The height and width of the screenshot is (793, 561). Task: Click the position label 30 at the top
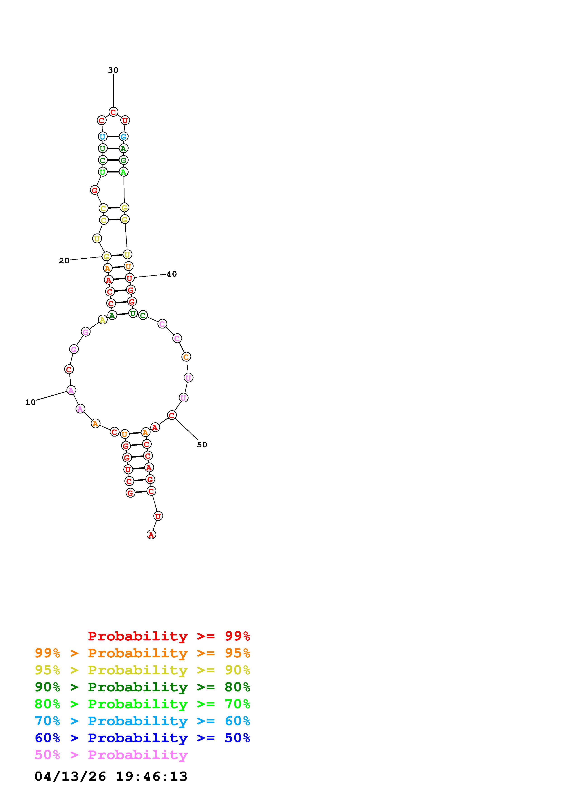click(113, 70)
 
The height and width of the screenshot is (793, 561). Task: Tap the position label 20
click(64, 261)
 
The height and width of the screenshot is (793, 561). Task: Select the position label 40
click(172, 274)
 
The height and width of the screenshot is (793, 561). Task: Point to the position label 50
click(202, 445)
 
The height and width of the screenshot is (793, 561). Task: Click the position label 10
click(30, 402)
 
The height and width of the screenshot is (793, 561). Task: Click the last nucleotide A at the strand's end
click(151, 535)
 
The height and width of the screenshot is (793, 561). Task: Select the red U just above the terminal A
click(158, 516)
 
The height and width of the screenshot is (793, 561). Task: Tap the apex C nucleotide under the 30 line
click(113, 112)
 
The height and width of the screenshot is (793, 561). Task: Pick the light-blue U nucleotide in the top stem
click(102, 137)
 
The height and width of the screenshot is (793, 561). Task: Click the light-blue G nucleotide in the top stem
click(123, 137)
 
